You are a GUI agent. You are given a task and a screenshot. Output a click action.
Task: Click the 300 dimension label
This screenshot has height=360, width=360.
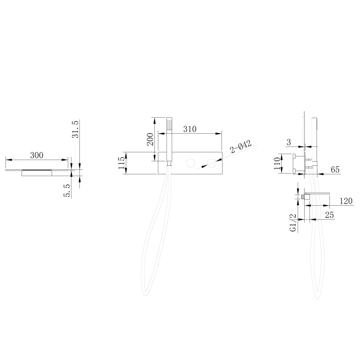(x=37, y=156)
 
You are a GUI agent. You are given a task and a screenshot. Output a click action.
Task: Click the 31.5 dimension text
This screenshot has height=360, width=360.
(x=75, y=129)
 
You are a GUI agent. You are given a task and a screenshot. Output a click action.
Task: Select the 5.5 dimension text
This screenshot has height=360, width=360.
(x=67, y=191)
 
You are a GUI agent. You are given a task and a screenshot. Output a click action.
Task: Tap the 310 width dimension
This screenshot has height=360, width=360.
(x=190, y=129)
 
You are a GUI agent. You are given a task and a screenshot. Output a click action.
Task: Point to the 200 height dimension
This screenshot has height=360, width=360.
(x=150, y=139)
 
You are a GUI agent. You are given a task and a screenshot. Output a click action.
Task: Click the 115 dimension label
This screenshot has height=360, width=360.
(x=122, y=163)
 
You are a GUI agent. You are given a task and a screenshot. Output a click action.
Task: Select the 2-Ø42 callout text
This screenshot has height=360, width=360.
(x=241, y=147)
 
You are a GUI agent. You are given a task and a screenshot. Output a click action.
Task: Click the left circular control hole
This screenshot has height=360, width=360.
(x=190, y=163)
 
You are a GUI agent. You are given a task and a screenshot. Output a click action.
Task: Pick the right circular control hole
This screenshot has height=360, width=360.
(x=211, y=163)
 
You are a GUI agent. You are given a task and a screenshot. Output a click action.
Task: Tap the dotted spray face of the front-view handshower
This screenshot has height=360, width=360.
(x=169, y=125)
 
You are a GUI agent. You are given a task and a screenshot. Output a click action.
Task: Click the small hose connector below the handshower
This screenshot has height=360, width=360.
(x=169, y=163)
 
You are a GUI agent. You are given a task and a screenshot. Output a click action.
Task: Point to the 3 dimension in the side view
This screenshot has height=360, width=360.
(x=289, y=143)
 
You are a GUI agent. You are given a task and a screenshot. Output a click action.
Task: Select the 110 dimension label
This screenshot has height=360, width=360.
(x=277, y=163)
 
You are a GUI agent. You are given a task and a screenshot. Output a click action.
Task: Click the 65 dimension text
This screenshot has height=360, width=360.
(x=335, y=169)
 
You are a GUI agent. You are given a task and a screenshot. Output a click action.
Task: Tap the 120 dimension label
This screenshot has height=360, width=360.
(x=346, y=201)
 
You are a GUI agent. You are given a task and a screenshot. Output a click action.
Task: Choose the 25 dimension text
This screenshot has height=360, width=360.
(x=329, y=215)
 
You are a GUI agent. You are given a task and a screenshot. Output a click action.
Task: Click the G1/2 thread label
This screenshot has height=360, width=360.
(x=293, y=223)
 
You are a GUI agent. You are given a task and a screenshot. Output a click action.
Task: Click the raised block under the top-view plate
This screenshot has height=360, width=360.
(x=37, y=173)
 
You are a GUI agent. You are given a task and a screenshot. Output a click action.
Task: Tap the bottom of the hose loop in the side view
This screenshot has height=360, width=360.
(x=317, y=298)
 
